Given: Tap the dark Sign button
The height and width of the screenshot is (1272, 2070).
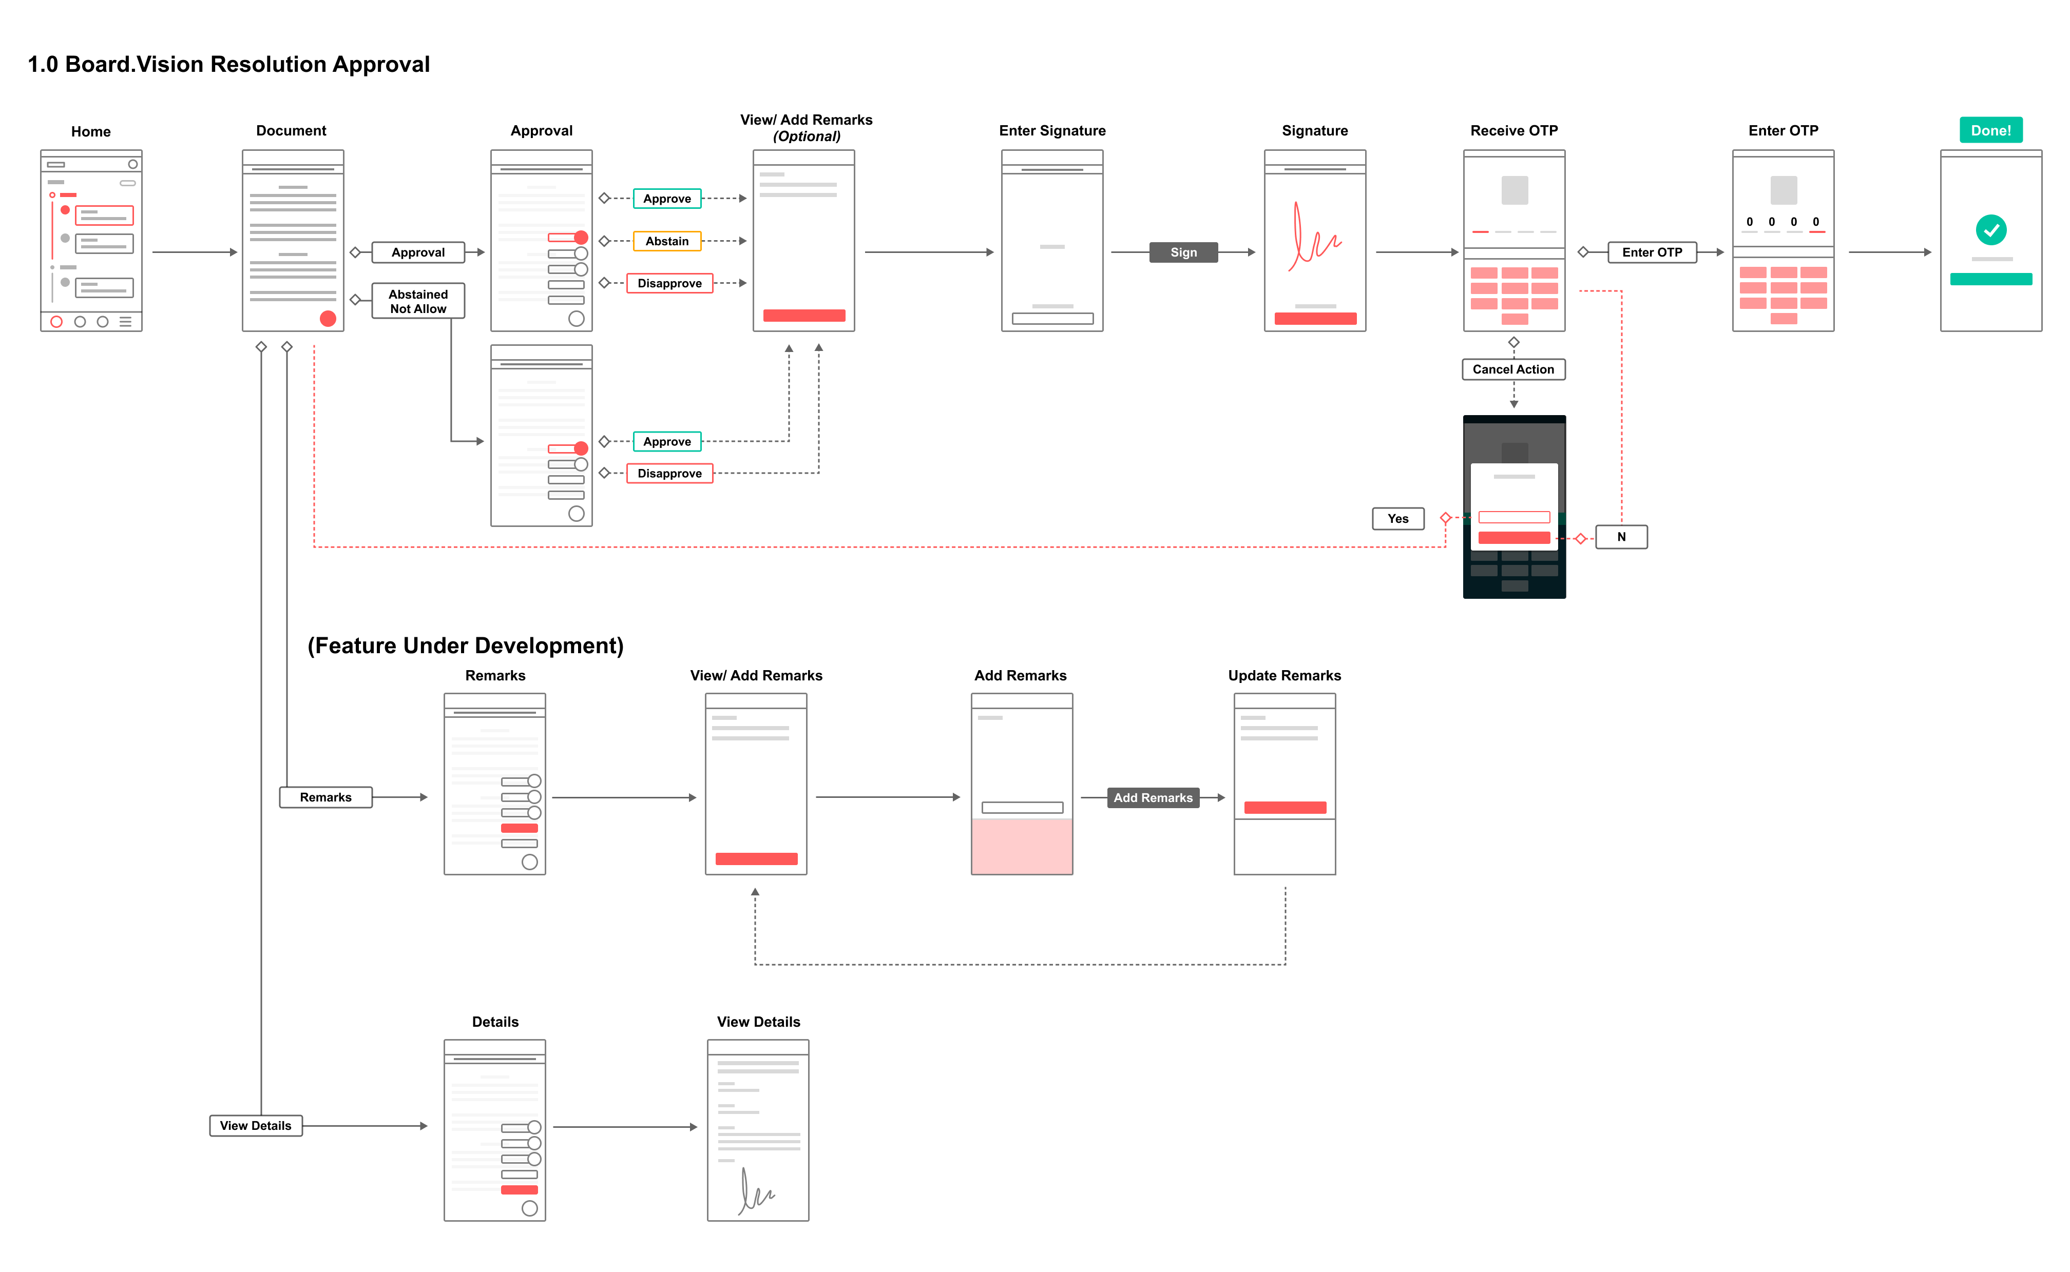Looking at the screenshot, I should pos(1183,252).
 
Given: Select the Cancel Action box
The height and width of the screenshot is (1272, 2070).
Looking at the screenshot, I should pos(1513,369).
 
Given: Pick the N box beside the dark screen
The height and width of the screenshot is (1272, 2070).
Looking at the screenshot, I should pos(1621,537).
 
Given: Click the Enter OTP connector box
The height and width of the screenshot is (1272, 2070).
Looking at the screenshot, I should pos(1652,252).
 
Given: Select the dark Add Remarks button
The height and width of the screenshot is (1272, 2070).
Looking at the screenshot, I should pos(1153,797).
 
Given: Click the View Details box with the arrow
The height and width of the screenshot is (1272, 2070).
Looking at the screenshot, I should pos(256,1126).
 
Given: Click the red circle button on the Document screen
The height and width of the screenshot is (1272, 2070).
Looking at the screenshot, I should pos(328,319).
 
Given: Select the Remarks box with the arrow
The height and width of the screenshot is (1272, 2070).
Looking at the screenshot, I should pos(325,797).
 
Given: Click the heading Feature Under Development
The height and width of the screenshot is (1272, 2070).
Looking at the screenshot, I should pos(465,645).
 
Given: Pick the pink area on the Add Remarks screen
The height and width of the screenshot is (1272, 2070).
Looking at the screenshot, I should pos(1022,846).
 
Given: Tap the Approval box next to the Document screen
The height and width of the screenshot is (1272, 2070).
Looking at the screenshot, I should pos(418,252).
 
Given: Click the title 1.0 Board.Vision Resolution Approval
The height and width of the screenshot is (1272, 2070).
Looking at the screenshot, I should pos(229,65).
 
